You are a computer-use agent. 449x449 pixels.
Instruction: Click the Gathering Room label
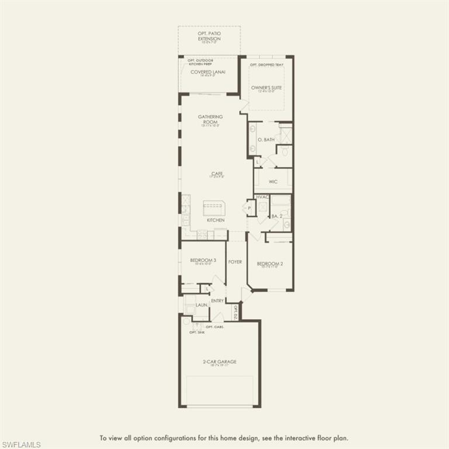tap(210, 119)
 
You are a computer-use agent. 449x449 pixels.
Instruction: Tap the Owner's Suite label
tap(267, 88)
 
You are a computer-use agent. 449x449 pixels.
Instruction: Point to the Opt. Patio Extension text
tap(209, 36)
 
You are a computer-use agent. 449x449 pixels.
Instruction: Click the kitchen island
tap(214, 207)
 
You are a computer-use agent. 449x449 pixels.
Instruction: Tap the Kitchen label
tap(215, 220)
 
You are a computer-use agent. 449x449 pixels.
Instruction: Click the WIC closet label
tap(273, 182)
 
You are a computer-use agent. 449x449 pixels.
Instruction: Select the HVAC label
tap(263, 197)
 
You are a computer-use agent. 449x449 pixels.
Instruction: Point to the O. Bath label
tap(265, 139)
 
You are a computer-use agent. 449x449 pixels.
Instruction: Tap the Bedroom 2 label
tap(270, 264)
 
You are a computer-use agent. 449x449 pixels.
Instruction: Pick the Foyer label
tap(235, 262)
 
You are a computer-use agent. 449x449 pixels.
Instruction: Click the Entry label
tap(217, 301)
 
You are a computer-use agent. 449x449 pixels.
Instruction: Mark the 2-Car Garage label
tap(219, 362)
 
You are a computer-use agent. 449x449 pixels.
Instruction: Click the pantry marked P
tap(250, 208)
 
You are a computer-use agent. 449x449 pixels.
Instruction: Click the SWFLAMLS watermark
tap(21, 444)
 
